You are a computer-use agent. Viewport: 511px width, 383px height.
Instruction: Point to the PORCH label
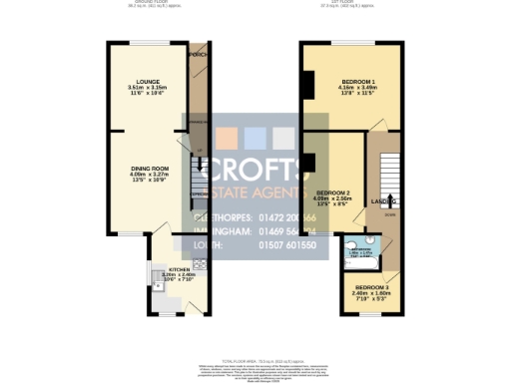pyautogui.click(x=199, y=55)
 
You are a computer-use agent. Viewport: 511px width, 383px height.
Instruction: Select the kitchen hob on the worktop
pyautogui.click(x=198, y=264)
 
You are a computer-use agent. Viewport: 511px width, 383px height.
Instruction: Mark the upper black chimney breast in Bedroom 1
pyautogui.click(x=308, y=84)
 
